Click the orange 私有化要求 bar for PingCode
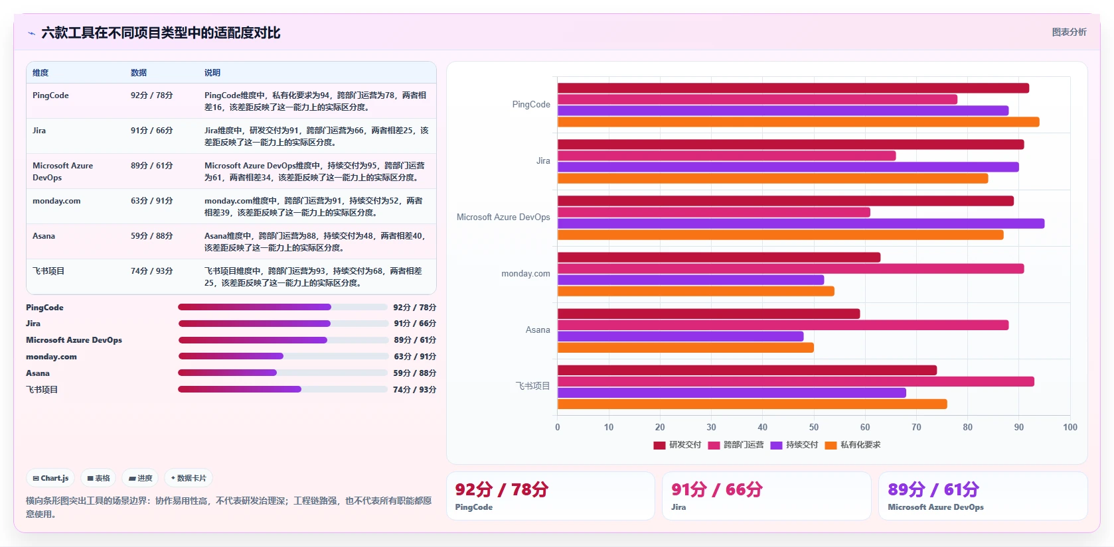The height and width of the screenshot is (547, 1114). coord(798,122)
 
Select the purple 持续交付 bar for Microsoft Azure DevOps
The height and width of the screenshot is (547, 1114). coord(801,223)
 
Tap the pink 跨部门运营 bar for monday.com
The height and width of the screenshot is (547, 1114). coord(791,269)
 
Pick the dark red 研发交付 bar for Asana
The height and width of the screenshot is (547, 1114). coord(708,314)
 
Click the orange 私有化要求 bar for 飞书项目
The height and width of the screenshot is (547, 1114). coord(752,404)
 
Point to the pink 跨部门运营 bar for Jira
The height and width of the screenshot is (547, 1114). coord(726,156)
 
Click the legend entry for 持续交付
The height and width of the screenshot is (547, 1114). coord(794,445)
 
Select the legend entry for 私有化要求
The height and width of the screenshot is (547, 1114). coord(852,445)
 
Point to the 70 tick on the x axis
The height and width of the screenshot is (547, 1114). coord(916,427)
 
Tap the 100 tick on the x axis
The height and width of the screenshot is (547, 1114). coord(1070,427)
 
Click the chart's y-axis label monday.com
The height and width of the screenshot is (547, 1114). coord(526,274)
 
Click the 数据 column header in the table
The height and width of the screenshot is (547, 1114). coord(139,72)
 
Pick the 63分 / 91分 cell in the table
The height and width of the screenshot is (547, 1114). coord(151,201)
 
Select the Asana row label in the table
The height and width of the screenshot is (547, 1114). coord(44,236)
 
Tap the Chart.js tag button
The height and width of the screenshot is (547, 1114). coord(50,478)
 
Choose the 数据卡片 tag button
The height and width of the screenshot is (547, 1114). coord(189,478)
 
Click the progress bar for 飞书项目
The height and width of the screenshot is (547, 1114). coord(282,389)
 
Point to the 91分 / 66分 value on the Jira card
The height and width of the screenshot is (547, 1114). coord(716,489)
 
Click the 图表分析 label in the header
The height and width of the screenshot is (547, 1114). coord(1070,32)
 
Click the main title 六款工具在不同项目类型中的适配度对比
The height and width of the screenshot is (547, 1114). coord(161,32)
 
